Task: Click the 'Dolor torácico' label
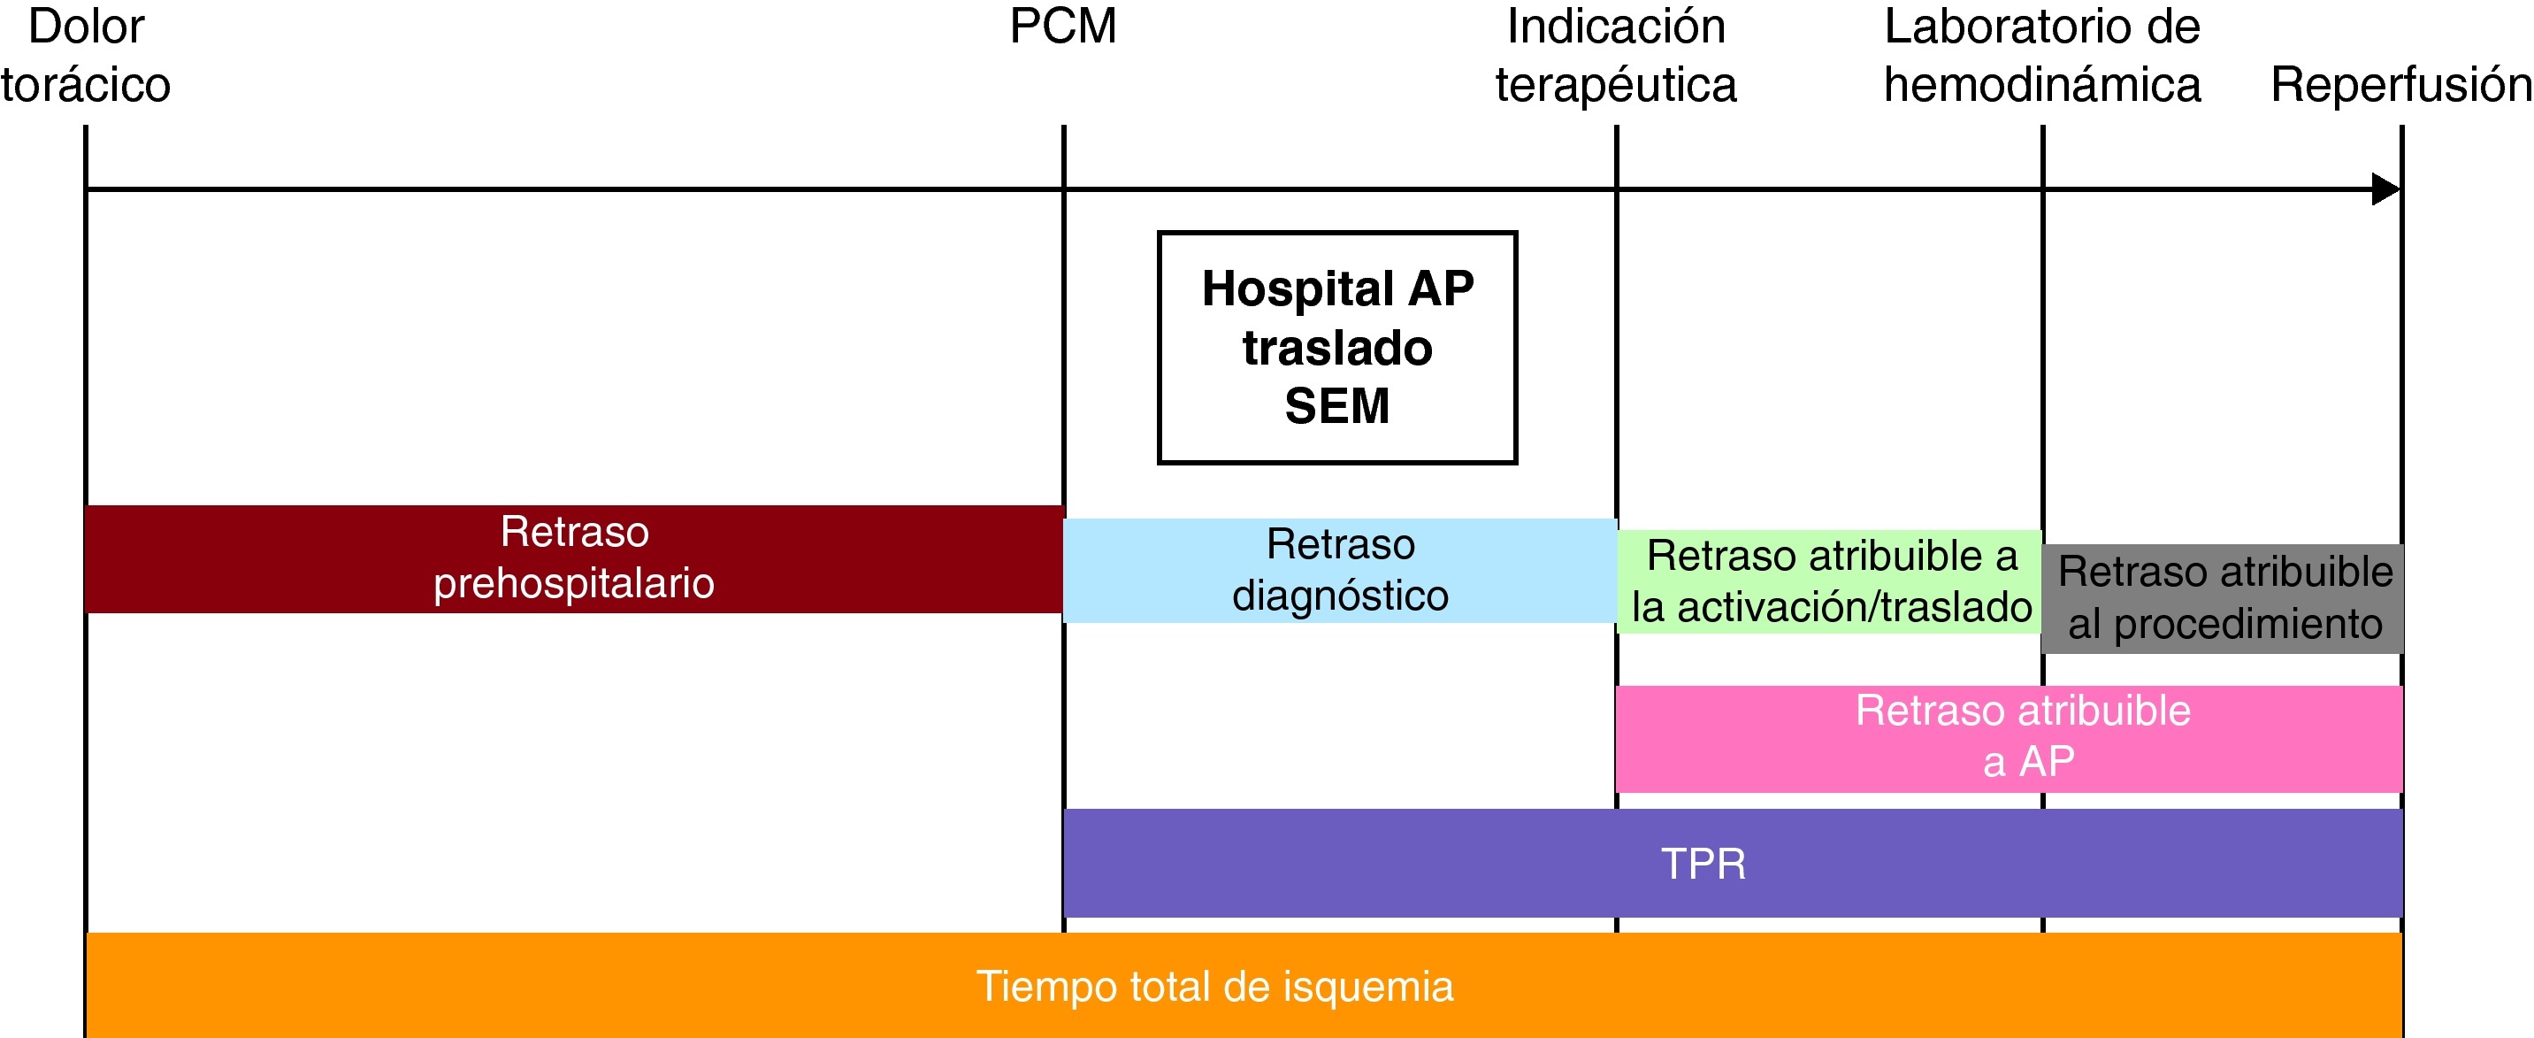[x=86, y=55]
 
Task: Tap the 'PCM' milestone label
[x=1062, y=27]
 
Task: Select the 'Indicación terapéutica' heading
[x=1616, y=55]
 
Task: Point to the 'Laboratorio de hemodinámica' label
[x=2042, y=55]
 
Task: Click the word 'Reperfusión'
[x=2401, y=85]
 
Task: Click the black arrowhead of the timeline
[x=2386, y=188]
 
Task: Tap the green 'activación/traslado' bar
[x=1830, y=581]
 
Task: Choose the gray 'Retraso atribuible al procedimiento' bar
[x=2224, y=598]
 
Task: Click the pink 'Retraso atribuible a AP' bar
[x=2009, y=738]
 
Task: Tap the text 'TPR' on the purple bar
[x=1703, y=864]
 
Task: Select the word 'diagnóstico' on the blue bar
[x=1340, y=596]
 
